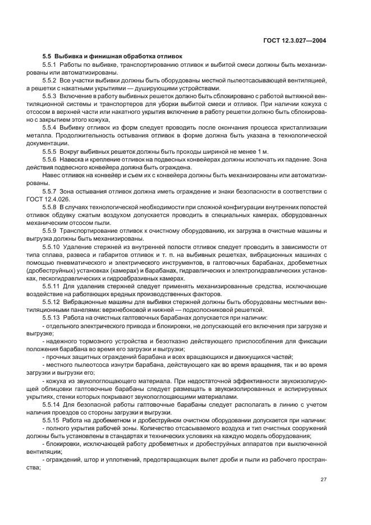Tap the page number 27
point(323,479)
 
